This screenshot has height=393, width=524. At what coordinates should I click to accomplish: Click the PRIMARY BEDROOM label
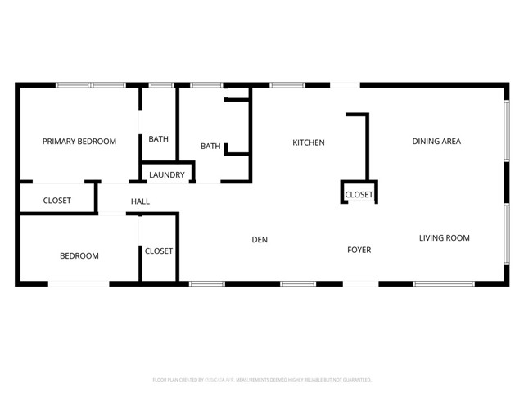click(79, 142)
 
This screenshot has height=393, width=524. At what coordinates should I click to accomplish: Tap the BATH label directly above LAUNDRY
click(158, 139)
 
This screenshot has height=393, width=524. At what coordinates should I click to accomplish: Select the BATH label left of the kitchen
click(210, 147)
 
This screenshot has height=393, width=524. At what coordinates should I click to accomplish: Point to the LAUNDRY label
click(167, 174)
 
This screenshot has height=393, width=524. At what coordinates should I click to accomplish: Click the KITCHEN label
click(309, 142)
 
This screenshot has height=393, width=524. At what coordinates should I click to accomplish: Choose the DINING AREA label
click(436, 142)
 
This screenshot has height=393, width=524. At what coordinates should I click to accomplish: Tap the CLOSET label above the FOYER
click(359, 195)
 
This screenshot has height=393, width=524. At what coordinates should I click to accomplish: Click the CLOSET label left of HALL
click(56, 201)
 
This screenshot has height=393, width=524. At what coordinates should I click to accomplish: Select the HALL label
click(140, 201)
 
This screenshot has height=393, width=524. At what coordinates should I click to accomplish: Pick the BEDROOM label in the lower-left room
click(79, 256)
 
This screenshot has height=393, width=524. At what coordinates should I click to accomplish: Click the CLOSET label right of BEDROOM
click(159, 251)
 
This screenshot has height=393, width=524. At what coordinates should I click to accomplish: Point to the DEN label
click(260, 240)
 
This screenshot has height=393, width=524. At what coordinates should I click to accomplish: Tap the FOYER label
click(359, 251)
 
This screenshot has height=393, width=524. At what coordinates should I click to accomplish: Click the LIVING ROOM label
click(444, 238)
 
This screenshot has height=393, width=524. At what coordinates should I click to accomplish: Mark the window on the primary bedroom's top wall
click(90, 84)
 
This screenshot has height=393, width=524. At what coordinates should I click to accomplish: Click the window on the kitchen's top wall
click(287, 84)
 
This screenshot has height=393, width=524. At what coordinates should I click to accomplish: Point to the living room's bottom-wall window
click(443, 284)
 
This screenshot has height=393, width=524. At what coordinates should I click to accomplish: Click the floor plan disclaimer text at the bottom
click(262, 380)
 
